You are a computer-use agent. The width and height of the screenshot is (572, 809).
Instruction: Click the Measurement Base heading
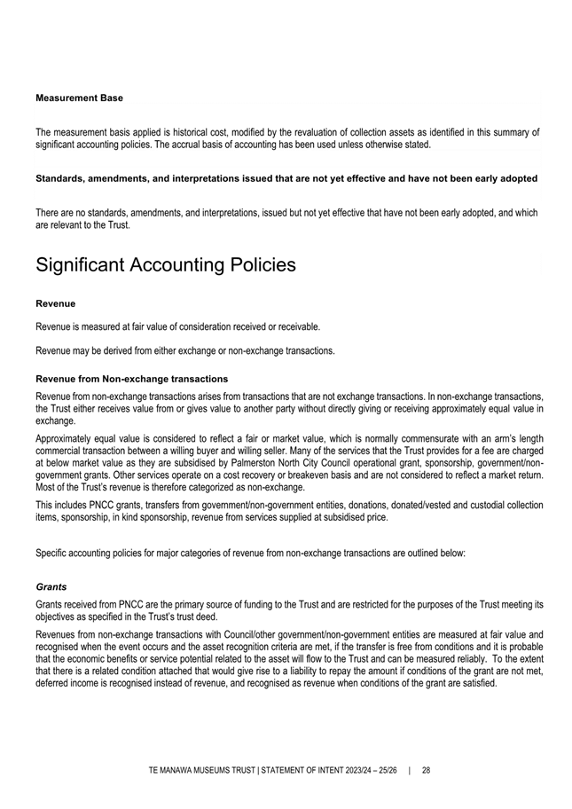pyautogui.click(x=79, y=98)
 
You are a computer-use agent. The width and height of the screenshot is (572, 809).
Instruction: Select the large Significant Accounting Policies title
pyautogui.click(x=165, y=264)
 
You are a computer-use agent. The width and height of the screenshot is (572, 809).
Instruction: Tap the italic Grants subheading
pyautogui.click(x=51, y=586)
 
